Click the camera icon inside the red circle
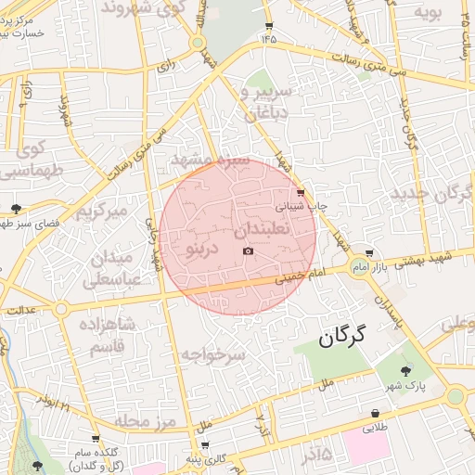point(248,251)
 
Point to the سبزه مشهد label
point(210,160)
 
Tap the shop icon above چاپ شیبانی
point(300,193)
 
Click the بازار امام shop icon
point(370,252)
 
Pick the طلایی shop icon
point(375,414)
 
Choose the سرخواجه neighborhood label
point(212,354)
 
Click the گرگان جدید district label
point(432,194)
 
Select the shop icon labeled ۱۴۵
point(269,26)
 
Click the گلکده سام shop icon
point(95,440)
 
